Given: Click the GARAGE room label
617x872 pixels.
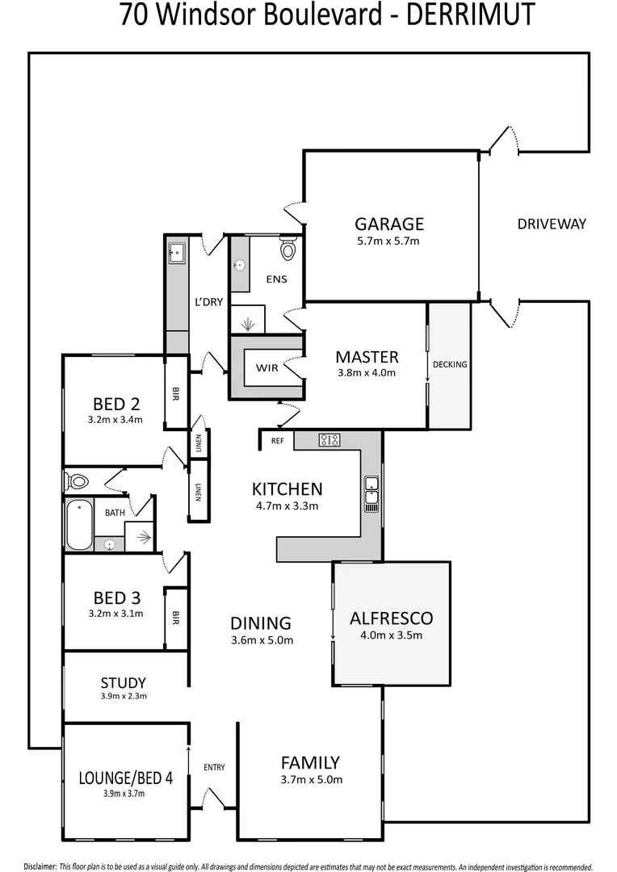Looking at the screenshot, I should [x=389, y=224].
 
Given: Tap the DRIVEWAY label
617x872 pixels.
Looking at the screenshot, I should [x=552, y=224].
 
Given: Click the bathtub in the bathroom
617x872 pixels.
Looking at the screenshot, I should [x=78, y=525].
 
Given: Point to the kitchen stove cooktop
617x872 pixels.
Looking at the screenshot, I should [x=329, y=440].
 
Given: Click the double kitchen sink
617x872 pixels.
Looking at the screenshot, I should [x=371, y=493].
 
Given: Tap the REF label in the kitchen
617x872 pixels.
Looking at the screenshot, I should [x=277, y=441].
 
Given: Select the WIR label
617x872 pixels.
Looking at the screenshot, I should [x=267, y=368].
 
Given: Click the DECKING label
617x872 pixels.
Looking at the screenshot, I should [x=450, y=364].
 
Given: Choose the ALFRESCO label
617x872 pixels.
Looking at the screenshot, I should [x=391, y=618].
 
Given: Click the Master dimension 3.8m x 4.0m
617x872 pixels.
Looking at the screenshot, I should [x=367, y=373].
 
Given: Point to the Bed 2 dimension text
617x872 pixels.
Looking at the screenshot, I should [x=115, y=420].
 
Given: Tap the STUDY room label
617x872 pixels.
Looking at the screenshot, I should [x=123, y=682].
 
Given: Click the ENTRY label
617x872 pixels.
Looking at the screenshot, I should [x=214, y=767].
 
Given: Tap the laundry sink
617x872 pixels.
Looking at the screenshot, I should [x=176, y=252].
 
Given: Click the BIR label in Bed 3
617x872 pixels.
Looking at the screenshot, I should [x=176, y=618].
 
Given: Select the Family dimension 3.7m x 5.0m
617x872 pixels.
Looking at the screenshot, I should [x=310, y=779].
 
